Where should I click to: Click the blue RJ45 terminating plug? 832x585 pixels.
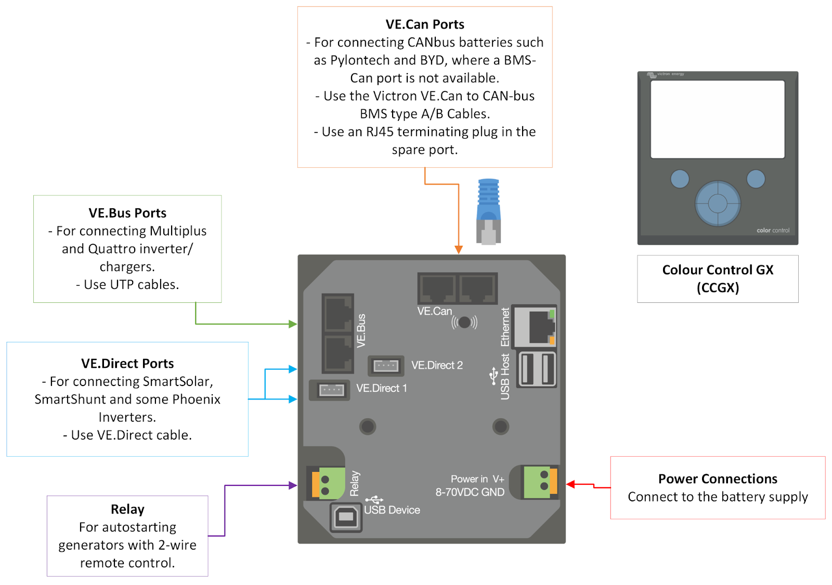click(x=489, y=211)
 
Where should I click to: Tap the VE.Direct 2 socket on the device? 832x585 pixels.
click(x=386, y=366)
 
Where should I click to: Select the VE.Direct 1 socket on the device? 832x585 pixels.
click(x=331, y=390)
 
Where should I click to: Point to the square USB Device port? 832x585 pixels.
click(x=346, y=517)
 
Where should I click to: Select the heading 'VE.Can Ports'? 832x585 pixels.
click(x=425, y=24)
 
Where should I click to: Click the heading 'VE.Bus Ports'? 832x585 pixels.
click(x=127, y=213)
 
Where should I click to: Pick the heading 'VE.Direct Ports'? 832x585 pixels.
click(x=127, y=364)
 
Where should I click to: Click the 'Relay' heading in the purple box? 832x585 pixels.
click(x=127, y=509)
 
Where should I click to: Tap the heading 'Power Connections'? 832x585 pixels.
click(x=718, y=478)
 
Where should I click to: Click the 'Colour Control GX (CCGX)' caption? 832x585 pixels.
click(x=718, y=278)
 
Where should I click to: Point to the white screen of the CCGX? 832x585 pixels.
click(x=718, y=119)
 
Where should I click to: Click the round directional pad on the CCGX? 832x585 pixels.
click(x=718, y=203)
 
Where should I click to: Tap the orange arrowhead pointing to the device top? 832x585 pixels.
click(x=459, y=249)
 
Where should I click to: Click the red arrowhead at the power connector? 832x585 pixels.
click(x=570, y=484)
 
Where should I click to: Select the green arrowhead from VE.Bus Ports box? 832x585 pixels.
click(x=293, y=324)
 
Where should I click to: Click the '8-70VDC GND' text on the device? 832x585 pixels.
click(x=470, y=492)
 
